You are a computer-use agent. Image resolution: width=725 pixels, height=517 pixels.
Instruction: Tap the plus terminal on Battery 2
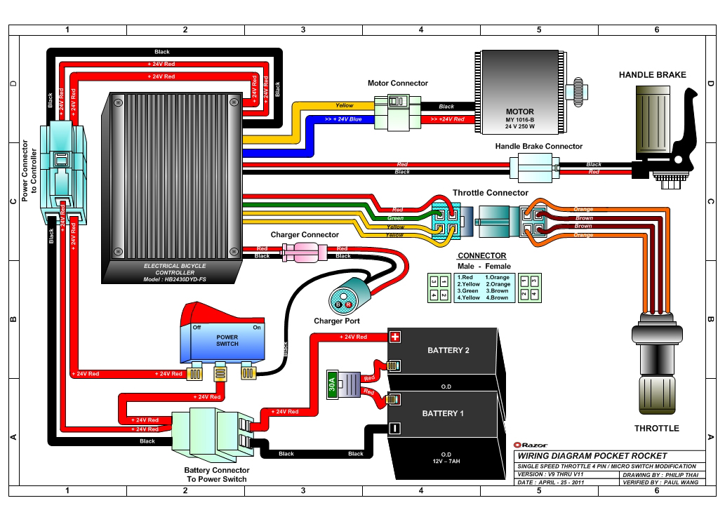(x=394, y=337)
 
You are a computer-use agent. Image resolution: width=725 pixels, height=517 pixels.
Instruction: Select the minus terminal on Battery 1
(x=394, y=428)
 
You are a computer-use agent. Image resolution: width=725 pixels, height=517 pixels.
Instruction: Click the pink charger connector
(x=302, y=251)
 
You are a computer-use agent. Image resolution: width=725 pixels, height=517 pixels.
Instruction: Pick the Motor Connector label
(x=397, y=83)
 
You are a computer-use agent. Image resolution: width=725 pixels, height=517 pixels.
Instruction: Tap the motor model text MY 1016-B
(x=520, y=119)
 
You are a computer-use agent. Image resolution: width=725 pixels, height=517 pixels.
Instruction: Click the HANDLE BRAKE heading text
(x=652, y=75)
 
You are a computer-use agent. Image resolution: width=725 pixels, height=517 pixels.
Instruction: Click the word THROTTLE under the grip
(x=656, y=428)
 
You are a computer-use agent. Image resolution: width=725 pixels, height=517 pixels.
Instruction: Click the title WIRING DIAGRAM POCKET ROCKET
(x=592, y=456)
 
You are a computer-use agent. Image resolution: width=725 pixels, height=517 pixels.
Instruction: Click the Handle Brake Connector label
(x=538, y=147)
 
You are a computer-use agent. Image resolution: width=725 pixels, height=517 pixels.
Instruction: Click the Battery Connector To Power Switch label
(x=216, y=475)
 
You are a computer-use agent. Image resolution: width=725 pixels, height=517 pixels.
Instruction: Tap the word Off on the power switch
(x=197, y=328)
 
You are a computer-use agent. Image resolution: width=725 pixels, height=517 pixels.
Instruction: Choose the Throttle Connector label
(x=490, y=193)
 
